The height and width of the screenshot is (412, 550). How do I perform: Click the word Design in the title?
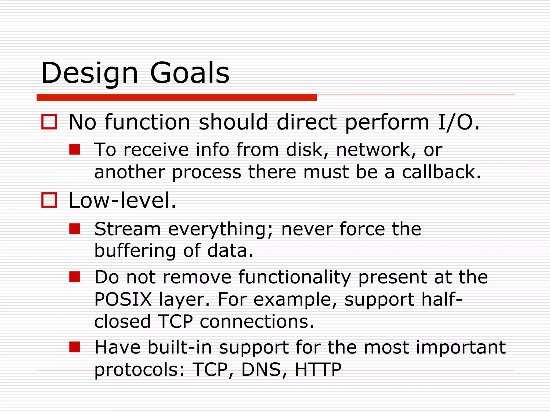click(x=89, y=73)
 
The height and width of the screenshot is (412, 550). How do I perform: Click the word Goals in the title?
click(x=190, y=73)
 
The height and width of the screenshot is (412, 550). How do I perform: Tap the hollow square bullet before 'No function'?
click(x=49, y=122)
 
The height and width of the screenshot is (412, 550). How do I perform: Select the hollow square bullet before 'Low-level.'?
click(x=49, y=200)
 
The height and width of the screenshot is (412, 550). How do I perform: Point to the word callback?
click(x=441, y=172)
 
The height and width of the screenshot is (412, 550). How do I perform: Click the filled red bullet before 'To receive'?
click(x=75, y=149)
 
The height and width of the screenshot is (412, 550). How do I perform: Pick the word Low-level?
click(x=122, y=201)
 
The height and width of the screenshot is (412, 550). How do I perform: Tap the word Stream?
click(x=128, y=229)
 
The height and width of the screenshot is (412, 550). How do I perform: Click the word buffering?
click(x=135, y=251)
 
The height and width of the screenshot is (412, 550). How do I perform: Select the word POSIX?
click(x=123, y=299)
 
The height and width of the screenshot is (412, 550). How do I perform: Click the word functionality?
click(x=295, y=277)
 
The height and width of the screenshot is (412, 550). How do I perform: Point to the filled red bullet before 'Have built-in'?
click(x=75, y=347)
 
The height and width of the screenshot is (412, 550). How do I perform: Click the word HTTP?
click(x=318, y=370)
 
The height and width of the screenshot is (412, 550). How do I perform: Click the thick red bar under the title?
click(x=176, y=97)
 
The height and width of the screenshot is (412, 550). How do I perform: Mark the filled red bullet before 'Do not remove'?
click(x=75, y=277)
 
